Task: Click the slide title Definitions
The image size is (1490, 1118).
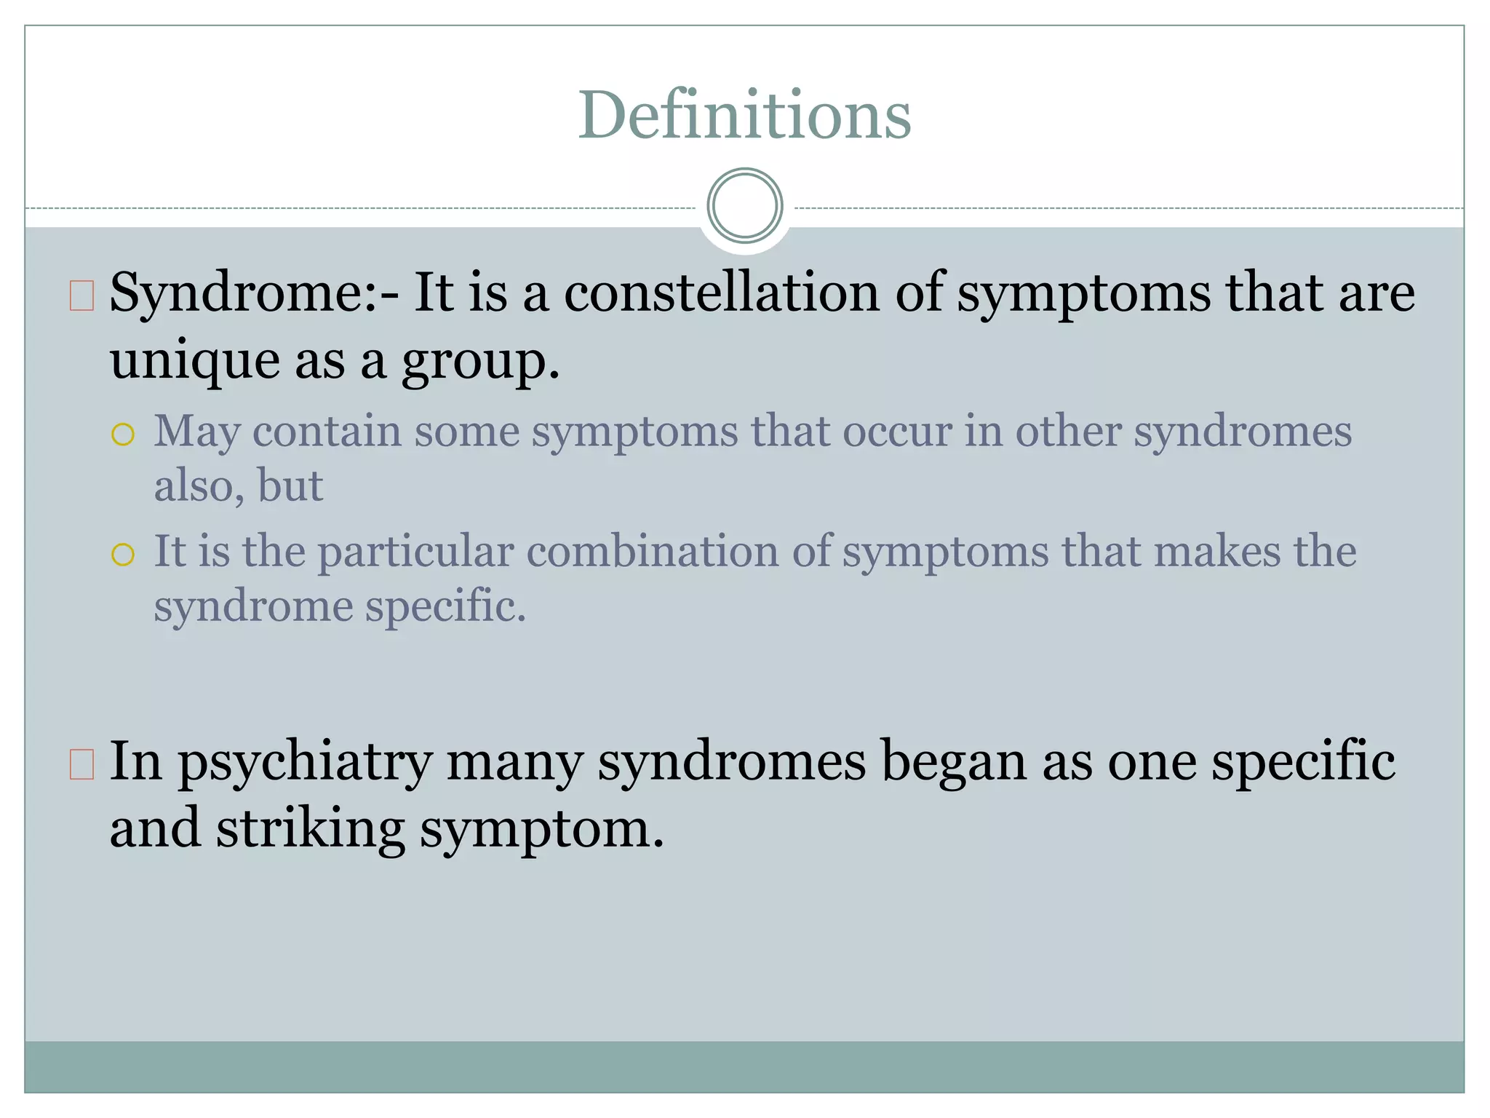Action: point(744,115)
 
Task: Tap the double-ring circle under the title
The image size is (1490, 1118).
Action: point(745,206)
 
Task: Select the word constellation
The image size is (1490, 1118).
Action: point(722,292)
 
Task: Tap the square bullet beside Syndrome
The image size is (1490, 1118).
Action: point(82,296)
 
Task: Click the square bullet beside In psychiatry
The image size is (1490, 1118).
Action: point(82,764)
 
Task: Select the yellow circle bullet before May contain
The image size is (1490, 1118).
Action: point(123,435)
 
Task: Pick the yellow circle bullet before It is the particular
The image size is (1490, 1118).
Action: point(123,555)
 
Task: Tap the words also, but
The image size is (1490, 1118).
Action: point(239,485)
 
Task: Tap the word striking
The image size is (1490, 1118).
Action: point(310,830)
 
